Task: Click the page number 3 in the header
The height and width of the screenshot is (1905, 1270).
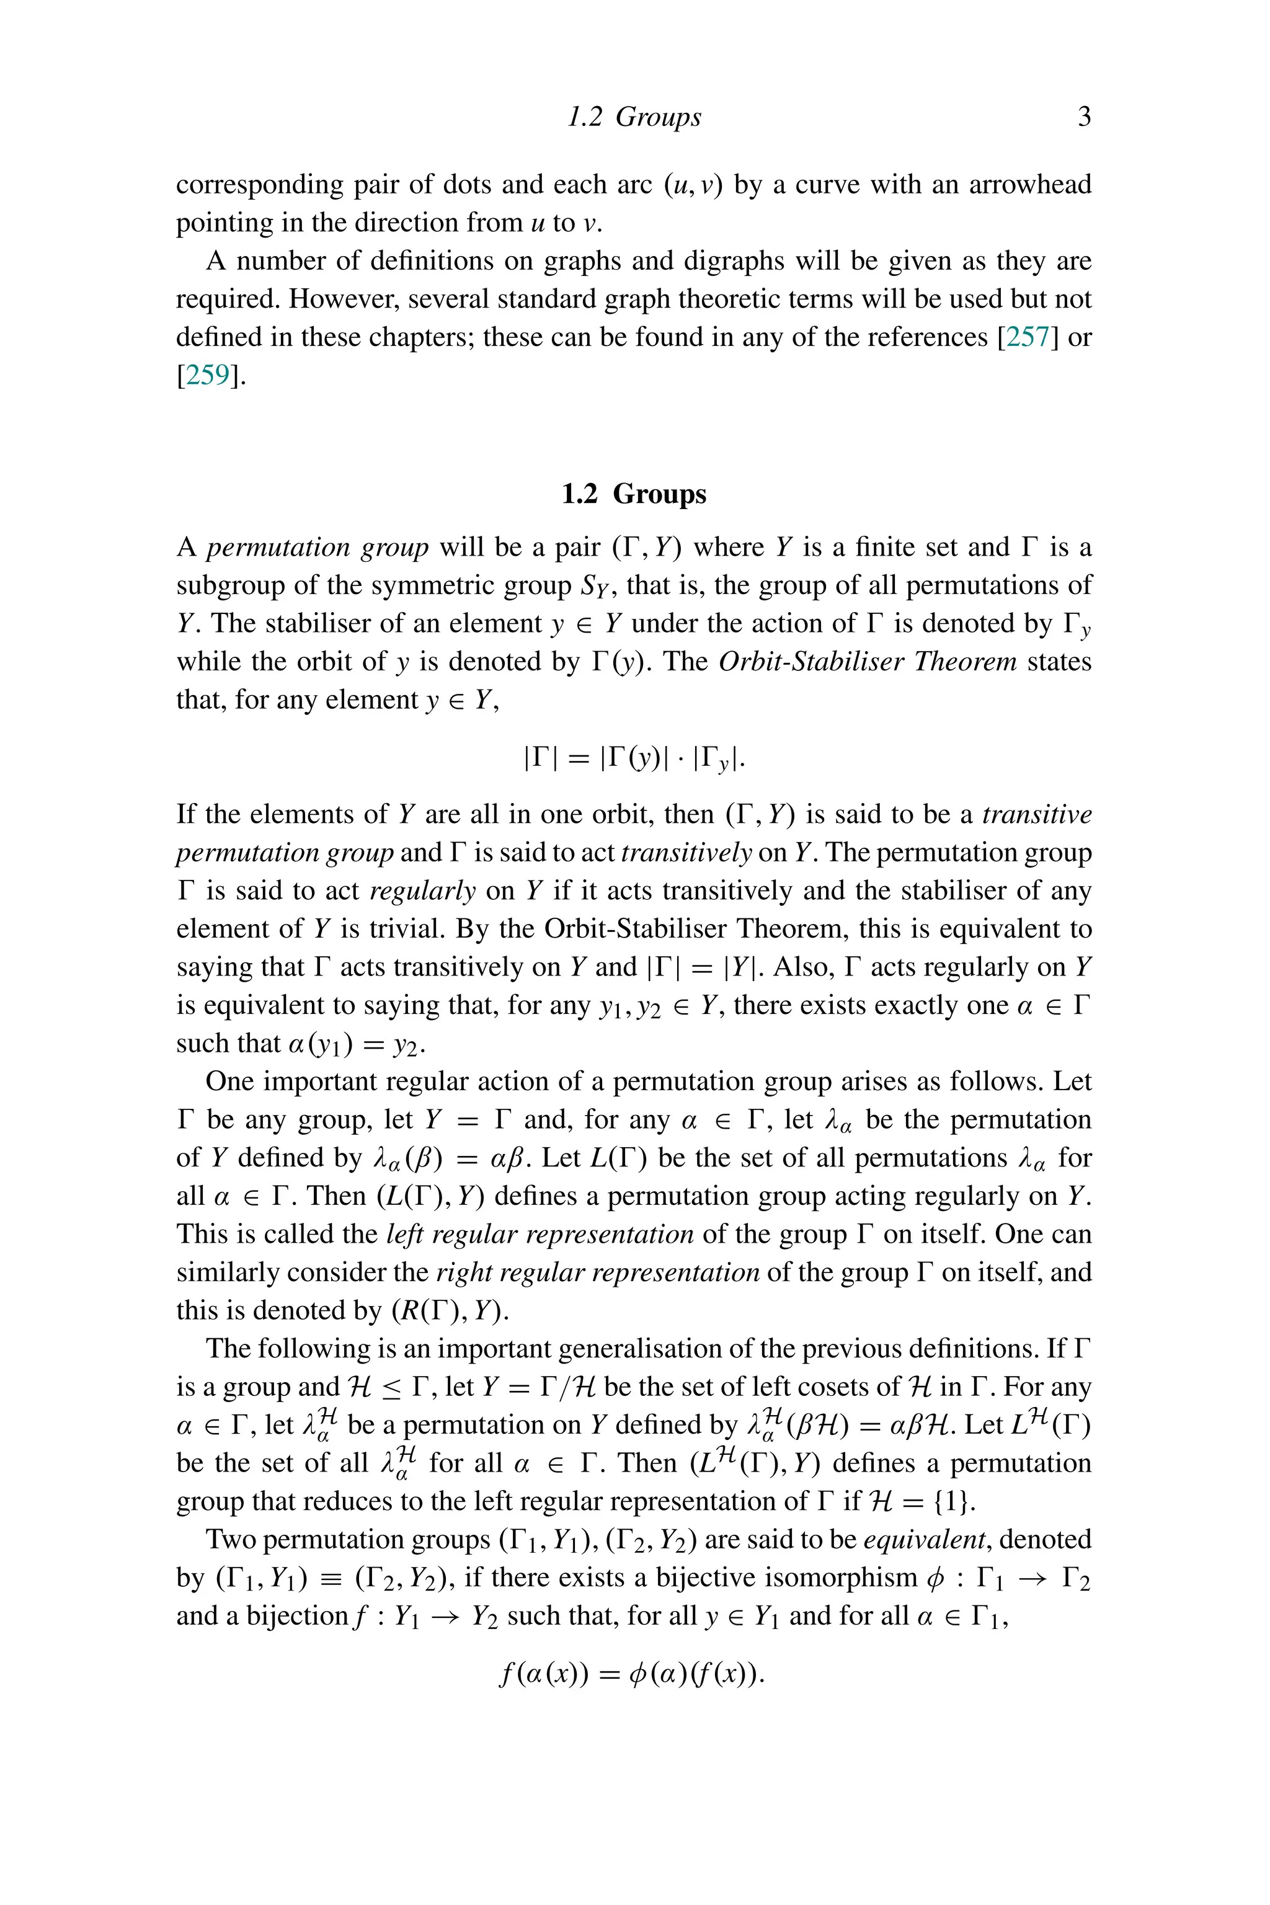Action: (1084, 117)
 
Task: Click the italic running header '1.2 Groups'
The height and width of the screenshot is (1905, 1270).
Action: (634, 117)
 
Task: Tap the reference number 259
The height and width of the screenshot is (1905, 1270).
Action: (207, 375)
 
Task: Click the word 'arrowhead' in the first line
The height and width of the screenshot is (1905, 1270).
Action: (1030, 185)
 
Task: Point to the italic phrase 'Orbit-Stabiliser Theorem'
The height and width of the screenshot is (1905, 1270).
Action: (868, 661)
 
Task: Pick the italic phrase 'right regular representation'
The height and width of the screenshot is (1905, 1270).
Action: (597, 1272)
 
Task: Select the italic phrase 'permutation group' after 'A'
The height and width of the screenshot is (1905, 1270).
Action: (317, 548)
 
